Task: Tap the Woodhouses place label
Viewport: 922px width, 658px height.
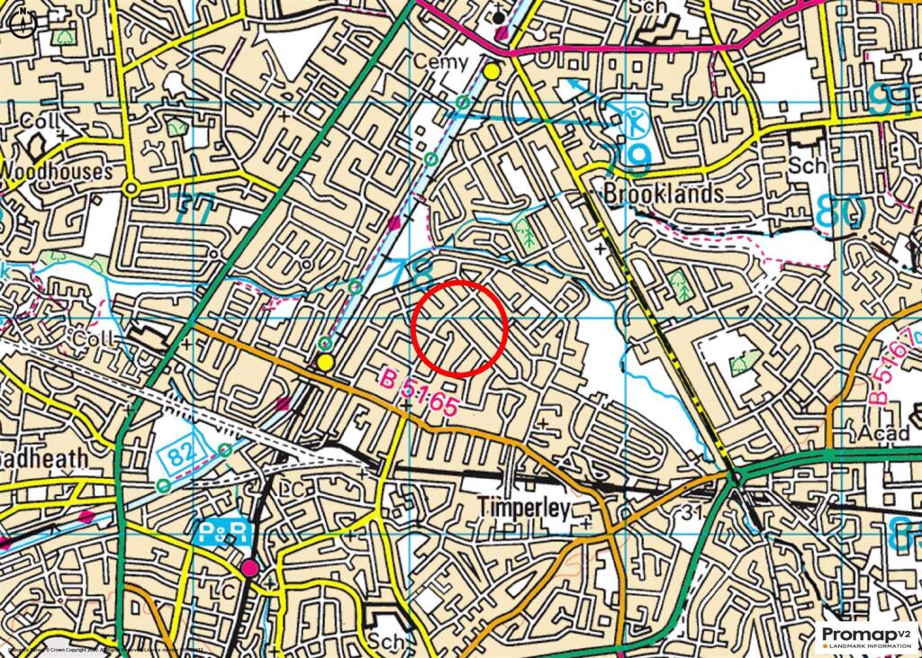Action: [57, 170]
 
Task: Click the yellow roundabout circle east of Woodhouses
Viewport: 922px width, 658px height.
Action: [132, 188]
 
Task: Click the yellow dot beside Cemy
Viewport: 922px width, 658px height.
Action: [492, 70]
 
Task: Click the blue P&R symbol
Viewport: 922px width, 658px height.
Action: [221, 532]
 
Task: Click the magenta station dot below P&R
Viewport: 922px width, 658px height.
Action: [249, 568]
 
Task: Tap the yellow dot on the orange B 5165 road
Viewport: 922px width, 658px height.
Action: [325, 362]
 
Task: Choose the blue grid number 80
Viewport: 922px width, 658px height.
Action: [841, 212]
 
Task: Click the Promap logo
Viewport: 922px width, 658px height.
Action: [863, 636]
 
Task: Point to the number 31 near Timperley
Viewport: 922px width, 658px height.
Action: [691, 512]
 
